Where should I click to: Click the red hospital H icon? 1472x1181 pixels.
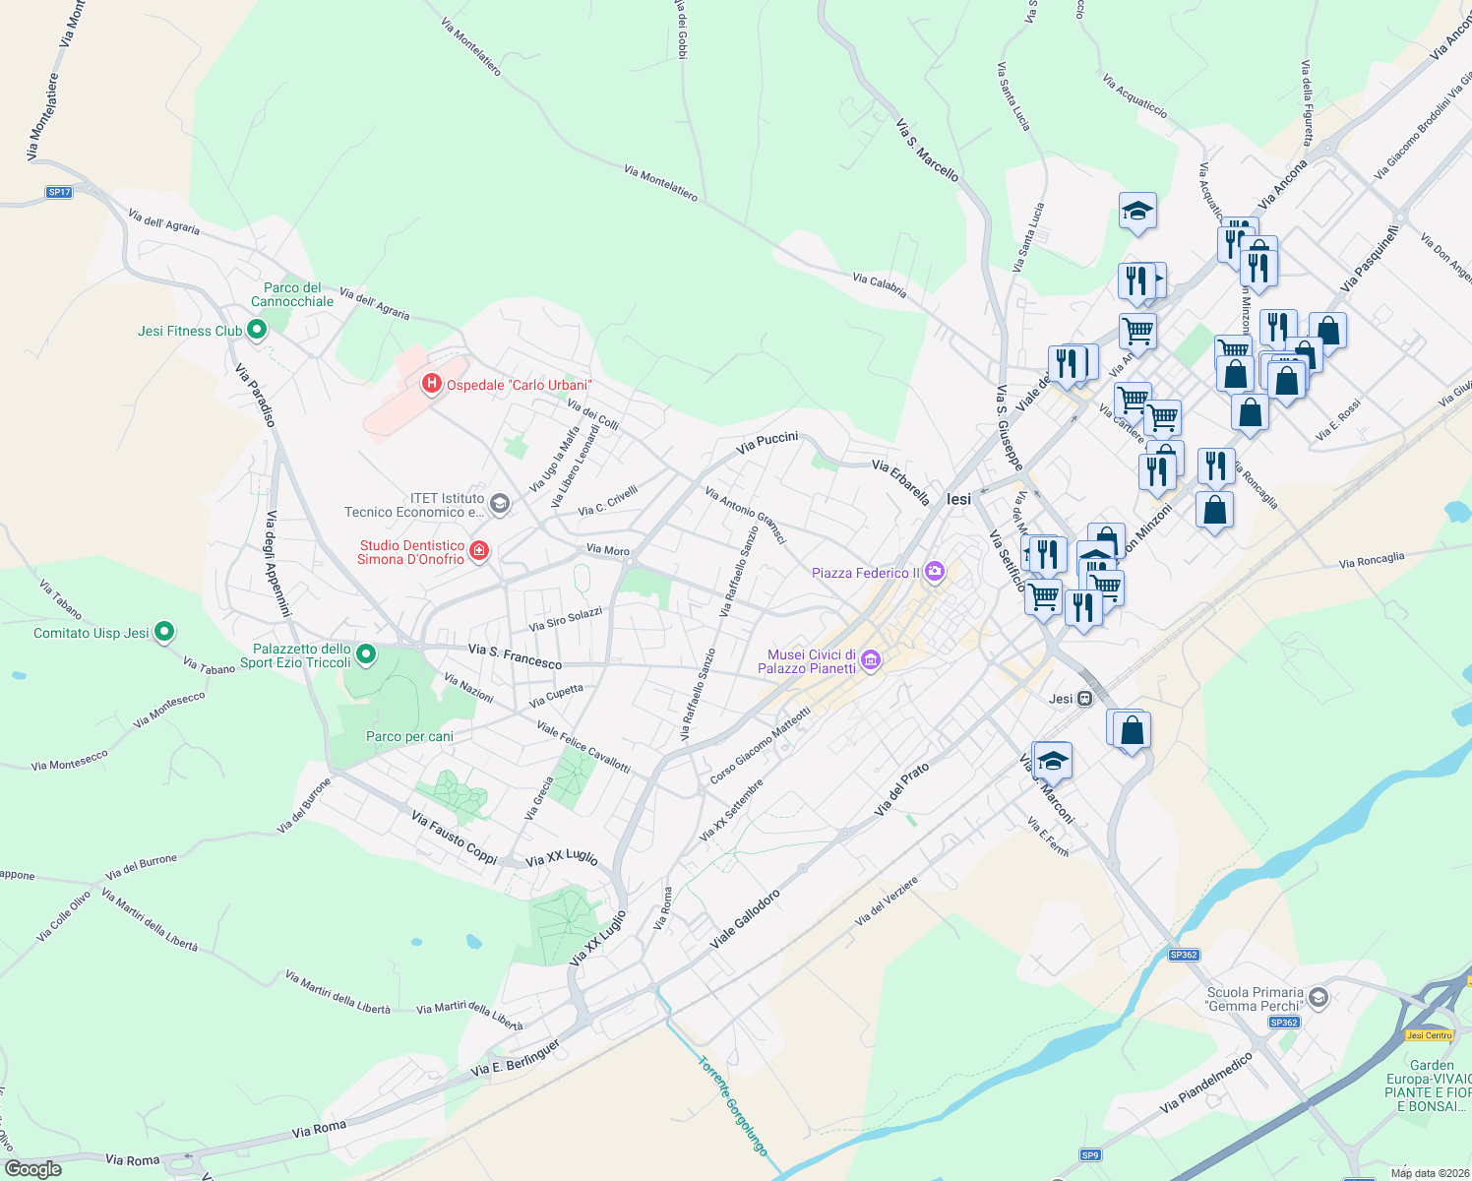431,384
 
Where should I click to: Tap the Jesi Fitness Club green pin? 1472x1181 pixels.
257,330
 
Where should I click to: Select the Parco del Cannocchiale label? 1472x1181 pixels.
292,294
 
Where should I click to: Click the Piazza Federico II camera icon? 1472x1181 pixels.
935,571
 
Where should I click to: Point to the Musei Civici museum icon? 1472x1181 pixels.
870,660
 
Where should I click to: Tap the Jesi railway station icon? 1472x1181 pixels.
1084,699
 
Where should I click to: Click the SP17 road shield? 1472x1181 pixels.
59,192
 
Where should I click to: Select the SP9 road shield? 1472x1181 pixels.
1089,1154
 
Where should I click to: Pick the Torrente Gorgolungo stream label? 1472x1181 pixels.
732,1104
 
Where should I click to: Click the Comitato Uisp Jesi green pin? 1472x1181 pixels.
164,632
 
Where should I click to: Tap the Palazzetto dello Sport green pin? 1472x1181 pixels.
366,653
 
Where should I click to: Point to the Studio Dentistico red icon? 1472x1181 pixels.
479,550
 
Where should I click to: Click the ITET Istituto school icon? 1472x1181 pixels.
500,505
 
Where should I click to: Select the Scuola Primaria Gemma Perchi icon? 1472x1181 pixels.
1319,998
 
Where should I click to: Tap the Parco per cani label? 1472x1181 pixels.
409,736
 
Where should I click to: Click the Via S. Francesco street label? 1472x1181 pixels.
515,656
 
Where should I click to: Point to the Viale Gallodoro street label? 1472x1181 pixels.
745,919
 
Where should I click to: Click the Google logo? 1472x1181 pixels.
32,1169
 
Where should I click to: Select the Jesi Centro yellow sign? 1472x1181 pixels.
1429,1034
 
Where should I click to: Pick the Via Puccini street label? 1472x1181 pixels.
767,443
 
